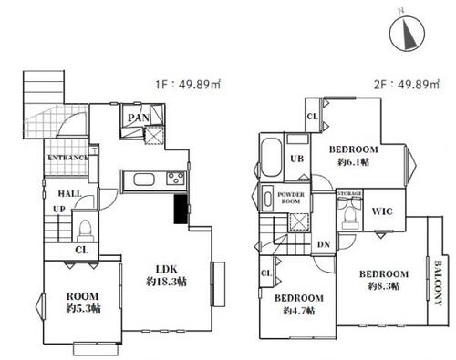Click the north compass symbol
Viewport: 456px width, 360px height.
coord(407,34)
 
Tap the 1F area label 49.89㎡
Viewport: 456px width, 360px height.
coord(200,85)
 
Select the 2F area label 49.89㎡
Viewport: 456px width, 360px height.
coord(419,84)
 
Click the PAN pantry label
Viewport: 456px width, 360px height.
coord(139,118)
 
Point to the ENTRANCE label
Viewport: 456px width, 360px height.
coord(68,158)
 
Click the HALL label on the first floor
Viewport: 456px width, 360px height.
coord(70,194)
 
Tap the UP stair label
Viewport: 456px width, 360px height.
coord(59,210)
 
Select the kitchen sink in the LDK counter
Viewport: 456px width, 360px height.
coord(144,180)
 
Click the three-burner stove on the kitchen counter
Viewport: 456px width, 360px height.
coord(175,178)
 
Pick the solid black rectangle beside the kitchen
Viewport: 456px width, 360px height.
coord(181,209)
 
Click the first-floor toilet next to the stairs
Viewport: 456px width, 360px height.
coord(85,230)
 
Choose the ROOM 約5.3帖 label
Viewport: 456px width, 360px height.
coord(83,303)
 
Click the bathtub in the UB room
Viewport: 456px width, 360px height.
coord(272,158)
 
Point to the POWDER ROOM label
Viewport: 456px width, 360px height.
coord(291,198)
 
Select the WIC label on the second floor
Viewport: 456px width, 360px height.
coord(382,211)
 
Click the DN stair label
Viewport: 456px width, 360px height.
coord(324,244)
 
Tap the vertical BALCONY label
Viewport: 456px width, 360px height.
coord(438,283)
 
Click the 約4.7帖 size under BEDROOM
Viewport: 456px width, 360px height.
coord(299,311)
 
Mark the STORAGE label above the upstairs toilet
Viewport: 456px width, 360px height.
coord(349,193)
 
